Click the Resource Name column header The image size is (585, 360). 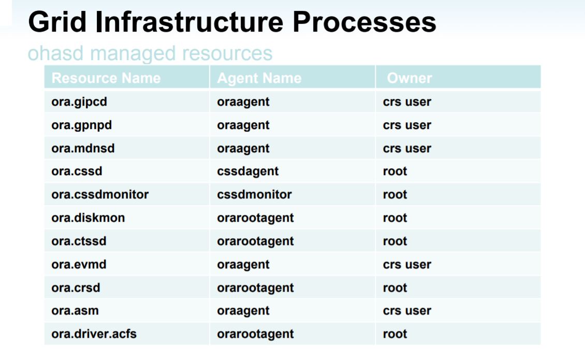pyautogui.click(x=106, y=78)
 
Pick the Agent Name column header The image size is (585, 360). pyautogui.click(x=259, y=78)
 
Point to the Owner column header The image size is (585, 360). pyautogui.click(x=409, y=78)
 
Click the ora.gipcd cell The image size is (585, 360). pyautogui.click(x=79, y=102)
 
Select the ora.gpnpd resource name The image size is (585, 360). pyautogui.click(x=81, y=125)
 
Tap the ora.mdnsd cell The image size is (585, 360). pyautogui.click(x=83, y=149)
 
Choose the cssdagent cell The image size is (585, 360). pyautogui.click(x=248, y=171)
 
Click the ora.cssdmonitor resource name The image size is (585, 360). pyautogui.click(x=100, y=195)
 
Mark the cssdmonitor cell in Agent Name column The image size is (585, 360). pyautogui.click(x=254, y=195)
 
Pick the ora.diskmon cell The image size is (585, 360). pyautogui.click(x=88, y=218)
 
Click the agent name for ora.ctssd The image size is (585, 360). pyautogui.click(x=255, y=241)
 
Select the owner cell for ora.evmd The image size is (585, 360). pyautogui.click(x=407, y=265)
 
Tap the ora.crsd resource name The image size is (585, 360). pyautogui.click(x=76, y=288)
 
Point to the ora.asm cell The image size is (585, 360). pyautogui.click(x=75, y=311)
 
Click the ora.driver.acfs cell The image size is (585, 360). pyautogui.click(x=94, y=334)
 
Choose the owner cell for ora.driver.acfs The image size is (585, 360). pyautogui.click(x=395, y=334)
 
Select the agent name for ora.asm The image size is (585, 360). pyautogui.click(x=243, y=311)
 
